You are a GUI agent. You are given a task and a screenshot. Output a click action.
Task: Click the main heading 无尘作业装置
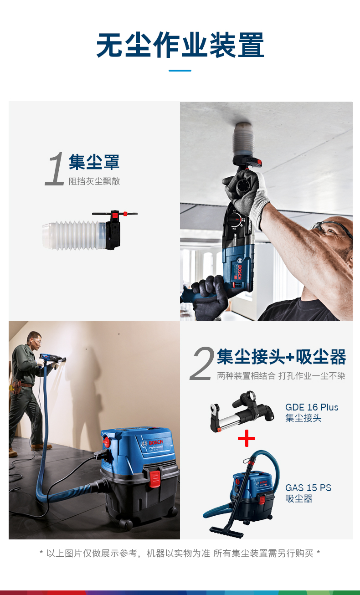[x=180, y=46]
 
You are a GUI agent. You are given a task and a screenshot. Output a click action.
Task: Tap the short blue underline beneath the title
[x=180, y=71]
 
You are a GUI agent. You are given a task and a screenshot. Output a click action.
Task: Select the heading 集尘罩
[x=94, y=162]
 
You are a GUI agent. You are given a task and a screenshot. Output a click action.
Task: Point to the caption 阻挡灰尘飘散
[x=94, y=181]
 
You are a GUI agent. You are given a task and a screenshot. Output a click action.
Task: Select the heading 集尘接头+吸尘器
[x=281, y=357]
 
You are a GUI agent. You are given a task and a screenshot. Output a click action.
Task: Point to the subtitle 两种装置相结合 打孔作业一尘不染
[x=281, y=376]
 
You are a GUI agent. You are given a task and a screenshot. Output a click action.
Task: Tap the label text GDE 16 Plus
[x=312, y=407]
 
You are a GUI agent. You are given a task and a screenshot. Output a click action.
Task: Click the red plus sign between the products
[x=247, y=439]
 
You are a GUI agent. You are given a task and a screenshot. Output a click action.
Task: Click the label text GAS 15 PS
[x=308, y=488]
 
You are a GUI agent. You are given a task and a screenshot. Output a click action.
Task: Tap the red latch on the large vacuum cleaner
[x=155, y=479]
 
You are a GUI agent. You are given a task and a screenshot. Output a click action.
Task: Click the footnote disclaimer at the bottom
[x=180, y=554]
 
